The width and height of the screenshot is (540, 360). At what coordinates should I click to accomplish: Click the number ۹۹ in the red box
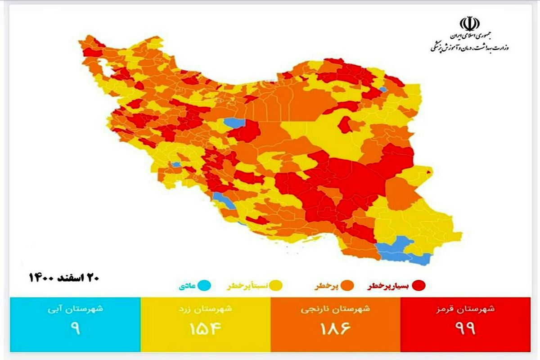coord(468,328)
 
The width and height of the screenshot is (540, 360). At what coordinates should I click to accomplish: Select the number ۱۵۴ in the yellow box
coord(205,328)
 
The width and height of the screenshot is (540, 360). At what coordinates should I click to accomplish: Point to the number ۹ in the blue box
coord(75,328)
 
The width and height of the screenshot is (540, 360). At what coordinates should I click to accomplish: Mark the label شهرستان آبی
coord(75,309)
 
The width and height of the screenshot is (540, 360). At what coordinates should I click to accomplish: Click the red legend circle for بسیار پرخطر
coord(420,286)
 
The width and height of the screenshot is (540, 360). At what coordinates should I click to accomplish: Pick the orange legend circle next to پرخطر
coord(347,285)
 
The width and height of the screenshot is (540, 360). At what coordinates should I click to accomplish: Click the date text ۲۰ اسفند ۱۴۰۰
coord(63,277)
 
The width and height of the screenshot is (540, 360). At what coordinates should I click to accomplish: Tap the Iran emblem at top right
coord(469,24)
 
